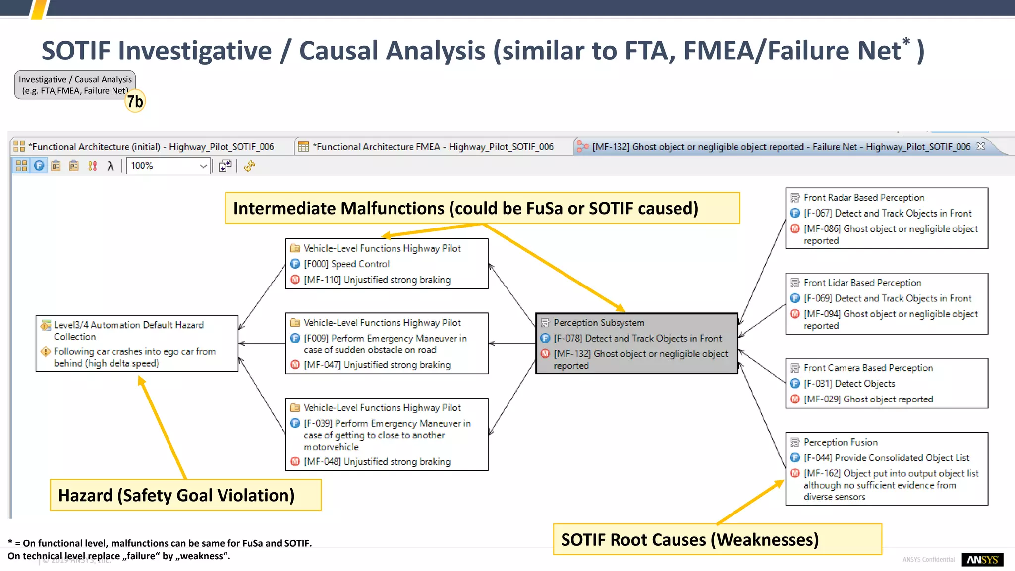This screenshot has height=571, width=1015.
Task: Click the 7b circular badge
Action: tap(135, 101)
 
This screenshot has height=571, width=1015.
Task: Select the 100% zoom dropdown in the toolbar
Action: tap(168, 166)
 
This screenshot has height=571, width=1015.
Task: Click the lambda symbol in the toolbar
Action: tap(111, 166)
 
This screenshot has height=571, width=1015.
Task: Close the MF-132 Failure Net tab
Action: tap(980, 146)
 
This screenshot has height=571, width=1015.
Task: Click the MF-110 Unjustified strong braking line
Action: tap(377, 280)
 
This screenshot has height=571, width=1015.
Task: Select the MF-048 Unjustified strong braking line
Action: tap(377, 461)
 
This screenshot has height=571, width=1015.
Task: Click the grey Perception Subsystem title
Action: tap(599, 323)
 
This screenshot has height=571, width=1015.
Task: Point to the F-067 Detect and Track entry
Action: tap(887, 213)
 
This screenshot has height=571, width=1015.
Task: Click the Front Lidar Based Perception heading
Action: tap(862, 283)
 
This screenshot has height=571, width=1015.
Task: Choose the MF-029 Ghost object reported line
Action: tap(868, 399)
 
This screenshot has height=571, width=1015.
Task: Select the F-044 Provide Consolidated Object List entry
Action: tap(886, 457)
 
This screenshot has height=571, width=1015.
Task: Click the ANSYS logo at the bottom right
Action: tap(982, 559)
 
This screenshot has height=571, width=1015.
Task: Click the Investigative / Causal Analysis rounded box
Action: tap(74, 85)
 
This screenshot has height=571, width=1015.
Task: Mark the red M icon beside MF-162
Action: tap(795, 473)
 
